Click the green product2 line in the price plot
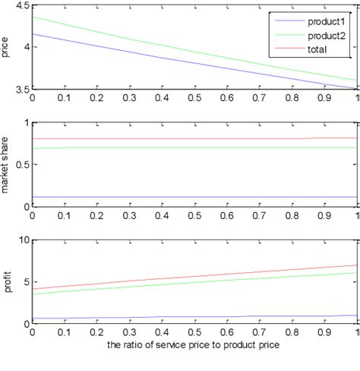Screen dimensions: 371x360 152,50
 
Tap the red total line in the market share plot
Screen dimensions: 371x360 152,139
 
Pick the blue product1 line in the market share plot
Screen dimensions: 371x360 152,197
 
